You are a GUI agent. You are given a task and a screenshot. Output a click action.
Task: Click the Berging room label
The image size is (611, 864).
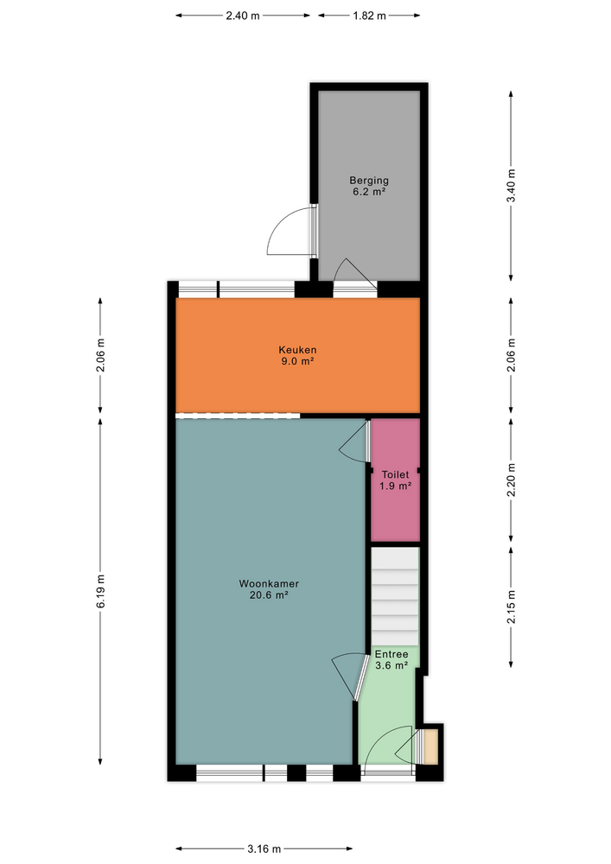(369, 187)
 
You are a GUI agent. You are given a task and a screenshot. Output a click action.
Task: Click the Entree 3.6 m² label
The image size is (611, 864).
(391, 659)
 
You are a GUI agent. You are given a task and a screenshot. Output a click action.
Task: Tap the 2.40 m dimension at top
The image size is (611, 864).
(243, 16)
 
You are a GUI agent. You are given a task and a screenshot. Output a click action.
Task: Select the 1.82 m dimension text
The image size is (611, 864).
(369, 16)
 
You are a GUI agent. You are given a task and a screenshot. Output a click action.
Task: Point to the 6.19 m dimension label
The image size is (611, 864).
(100, 590)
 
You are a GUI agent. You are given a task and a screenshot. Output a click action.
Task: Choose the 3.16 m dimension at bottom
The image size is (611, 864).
(265, 848)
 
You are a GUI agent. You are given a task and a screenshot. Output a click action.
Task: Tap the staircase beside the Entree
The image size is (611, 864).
(396, 596)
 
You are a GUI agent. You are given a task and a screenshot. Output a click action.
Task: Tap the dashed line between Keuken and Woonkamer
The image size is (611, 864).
(238, 416)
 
